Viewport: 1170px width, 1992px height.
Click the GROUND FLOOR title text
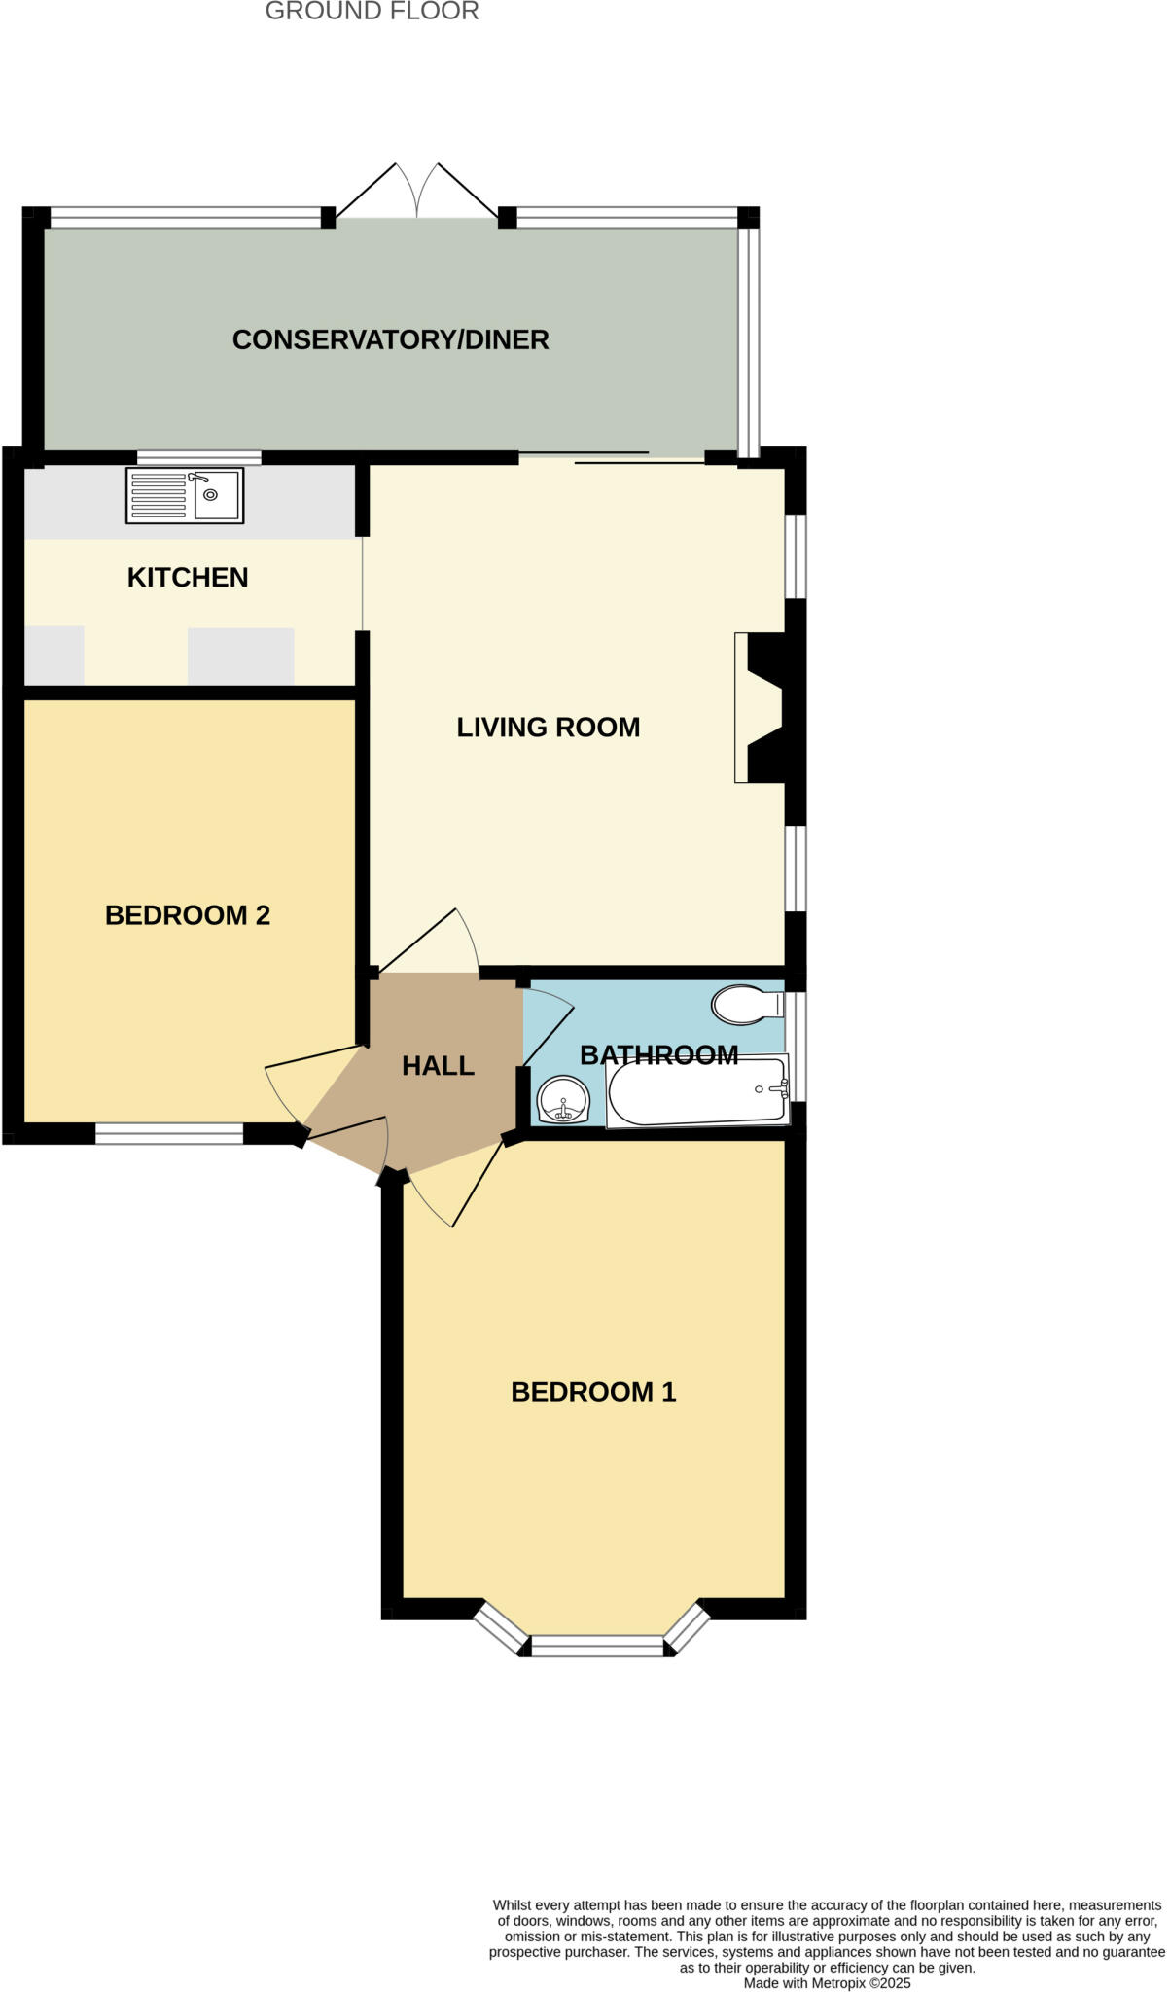click(372, 12)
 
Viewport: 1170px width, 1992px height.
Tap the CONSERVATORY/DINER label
click(390, 339)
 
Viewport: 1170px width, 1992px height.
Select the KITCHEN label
click(188, 577)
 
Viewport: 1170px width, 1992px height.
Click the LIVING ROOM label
click(548, 727)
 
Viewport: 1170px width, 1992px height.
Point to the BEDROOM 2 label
click(188, 914)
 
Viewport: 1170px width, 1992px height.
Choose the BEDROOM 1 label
click(593, 1391)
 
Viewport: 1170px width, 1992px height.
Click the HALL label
click(438, 1065)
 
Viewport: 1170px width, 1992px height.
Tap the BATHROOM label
click(658, 1054)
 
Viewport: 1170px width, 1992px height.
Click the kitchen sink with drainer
click(185, 496)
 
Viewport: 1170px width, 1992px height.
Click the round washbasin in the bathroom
click(563, 1100)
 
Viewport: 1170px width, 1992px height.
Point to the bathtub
click(697, 1092)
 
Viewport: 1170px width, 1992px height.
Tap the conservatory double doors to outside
click(417, 191)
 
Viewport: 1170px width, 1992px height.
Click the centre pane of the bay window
click(597, 1646)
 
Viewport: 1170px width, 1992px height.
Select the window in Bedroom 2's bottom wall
click(169, 1132)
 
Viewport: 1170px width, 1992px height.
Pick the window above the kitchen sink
click(199, 457)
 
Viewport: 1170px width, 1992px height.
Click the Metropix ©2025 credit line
click(827, 1983)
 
